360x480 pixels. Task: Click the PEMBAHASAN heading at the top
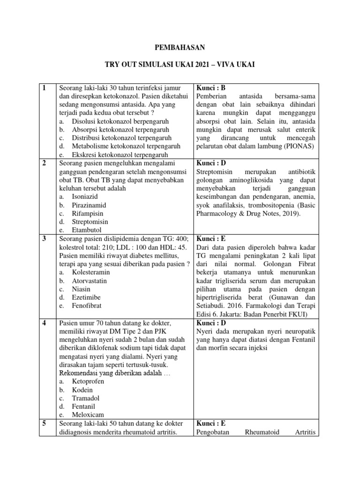(180, 47)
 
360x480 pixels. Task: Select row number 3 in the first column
(44, 239)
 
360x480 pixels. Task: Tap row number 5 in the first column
(44, 423)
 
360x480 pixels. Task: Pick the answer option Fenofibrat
(87, 306)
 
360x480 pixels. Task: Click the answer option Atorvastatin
(90, 281)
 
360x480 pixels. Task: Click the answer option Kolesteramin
(91, 272)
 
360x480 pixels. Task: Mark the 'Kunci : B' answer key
(211, 88)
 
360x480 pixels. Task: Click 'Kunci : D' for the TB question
(211, 163)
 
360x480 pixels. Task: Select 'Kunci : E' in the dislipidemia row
(211, 239)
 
